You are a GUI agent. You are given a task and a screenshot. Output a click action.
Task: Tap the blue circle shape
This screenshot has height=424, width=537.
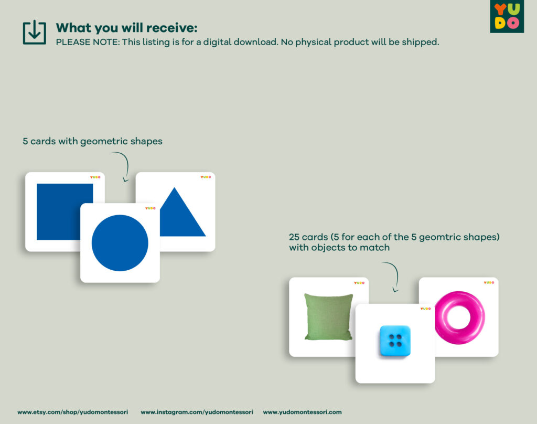click(x=120, y=243)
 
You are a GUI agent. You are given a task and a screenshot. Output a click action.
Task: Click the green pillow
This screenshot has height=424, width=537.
click(x=328, y=317)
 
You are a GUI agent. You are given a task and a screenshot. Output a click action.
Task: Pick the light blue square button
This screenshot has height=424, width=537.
click(x=395, y=341)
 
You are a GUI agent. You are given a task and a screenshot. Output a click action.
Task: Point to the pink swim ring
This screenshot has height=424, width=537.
click(x=460, y=317)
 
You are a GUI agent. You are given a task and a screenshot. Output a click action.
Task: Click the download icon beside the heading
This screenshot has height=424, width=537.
click(x=34, y=33)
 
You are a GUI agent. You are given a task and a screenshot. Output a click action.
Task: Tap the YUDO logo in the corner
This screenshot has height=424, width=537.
click(x=507, y=16)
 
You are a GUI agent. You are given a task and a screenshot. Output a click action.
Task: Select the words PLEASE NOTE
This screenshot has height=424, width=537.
click(x=88, y=42)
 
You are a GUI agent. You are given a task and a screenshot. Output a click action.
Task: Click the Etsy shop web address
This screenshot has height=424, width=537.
click(x=72, y=412)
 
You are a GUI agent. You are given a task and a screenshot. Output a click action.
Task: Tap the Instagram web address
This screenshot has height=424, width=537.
click(x=197, y=412)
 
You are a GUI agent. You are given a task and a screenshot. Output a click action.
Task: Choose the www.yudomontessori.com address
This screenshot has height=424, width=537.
click(x=303, y=412)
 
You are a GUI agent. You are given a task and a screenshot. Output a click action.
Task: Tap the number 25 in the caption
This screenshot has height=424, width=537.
click(x=294, y=237)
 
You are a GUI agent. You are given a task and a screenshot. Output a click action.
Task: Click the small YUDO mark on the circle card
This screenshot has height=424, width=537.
click(x=151, y=208)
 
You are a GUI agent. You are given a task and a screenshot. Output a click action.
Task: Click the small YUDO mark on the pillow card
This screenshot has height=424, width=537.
click(x=359, y=283)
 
